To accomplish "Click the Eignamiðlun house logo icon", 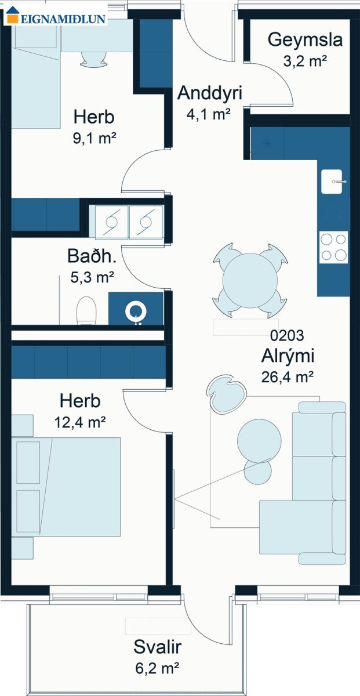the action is click(x=13, y=14).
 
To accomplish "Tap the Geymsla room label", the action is click(x=305, y=41).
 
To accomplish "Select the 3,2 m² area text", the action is click(x=305, y=61).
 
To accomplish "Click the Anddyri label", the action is click(x=210, y=93).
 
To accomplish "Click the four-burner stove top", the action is click(x=333, y=247).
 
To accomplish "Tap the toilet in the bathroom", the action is click(x=86, y=310).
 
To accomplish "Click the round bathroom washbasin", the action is click(x=136, y=311).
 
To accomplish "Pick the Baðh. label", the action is click(x=92, y=256).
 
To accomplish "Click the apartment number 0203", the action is click(x=287, y=336).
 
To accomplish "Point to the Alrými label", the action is click(x=288, y=356).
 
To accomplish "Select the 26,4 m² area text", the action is click(x=287, y=377).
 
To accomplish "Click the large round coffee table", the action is click(x=259, y=441).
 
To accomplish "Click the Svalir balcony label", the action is click(x=158, y=647).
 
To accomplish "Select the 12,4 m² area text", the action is click(x=80, y=422).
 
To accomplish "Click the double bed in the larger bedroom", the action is click(x=66, y=487).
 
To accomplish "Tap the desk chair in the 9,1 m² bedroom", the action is click(x=93, y=59).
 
